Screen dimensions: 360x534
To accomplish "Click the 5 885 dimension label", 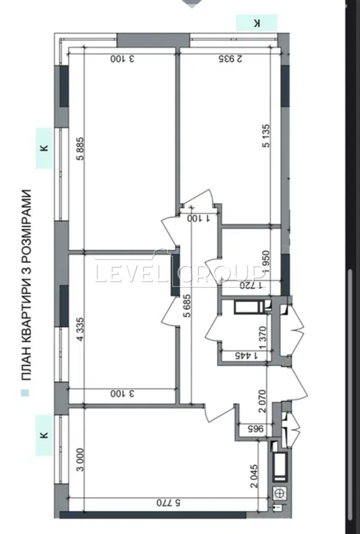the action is click(x=81, y=149).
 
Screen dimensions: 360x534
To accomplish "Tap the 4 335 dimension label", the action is click(x=81, y=329).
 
